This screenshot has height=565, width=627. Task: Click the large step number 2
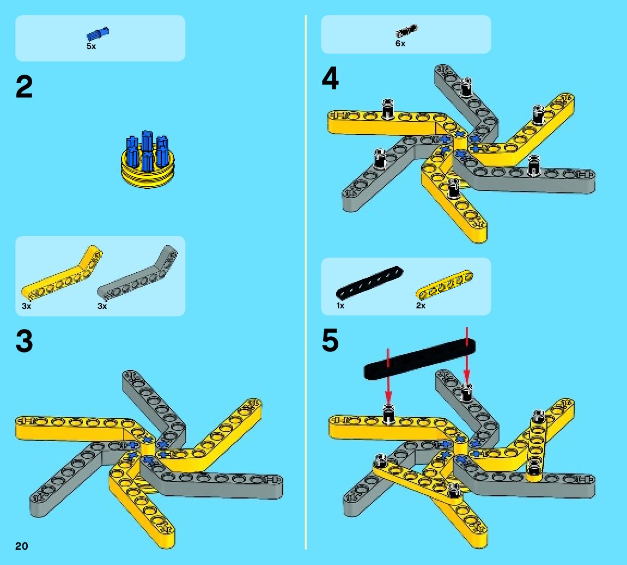(25, 87)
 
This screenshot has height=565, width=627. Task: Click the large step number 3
(25, 342)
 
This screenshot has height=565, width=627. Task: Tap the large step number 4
(330, 80)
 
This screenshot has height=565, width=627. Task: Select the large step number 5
(330, 342)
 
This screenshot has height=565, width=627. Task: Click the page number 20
(22, 546)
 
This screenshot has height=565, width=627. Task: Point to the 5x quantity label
(91, 47)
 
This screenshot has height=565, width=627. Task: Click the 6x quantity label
(400, 44)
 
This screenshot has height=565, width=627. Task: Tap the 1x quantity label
(340, 306)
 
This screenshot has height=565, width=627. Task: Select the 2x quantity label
(421, 306)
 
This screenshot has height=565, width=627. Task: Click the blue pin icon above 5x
(98, 34)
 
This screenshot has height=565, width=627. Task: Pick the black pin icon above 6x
(406, 31)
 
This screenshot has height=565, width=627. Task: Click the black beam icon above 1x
(370, 282)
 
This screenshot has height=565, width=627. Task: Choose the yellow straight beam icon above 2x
(444, 282)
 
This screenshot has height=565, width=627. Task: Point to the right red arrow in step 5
(467, 354)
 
